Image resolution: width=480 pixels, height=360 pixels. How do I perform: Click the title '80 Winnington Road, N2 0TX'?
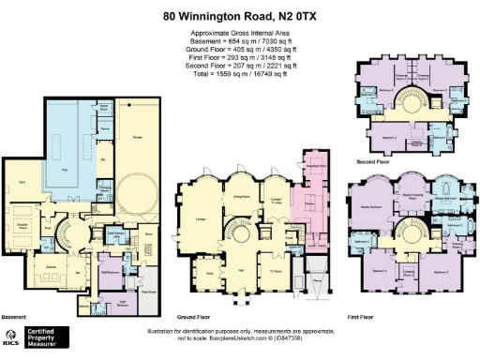239,16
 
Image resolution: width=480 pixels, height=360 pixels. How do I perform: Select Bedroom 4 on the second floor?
388,138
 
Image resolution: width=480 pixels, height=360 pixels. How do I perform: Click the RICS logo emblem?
10,338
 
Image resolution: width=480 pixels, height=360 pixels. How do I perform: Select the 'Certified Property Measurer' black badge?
44,338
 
